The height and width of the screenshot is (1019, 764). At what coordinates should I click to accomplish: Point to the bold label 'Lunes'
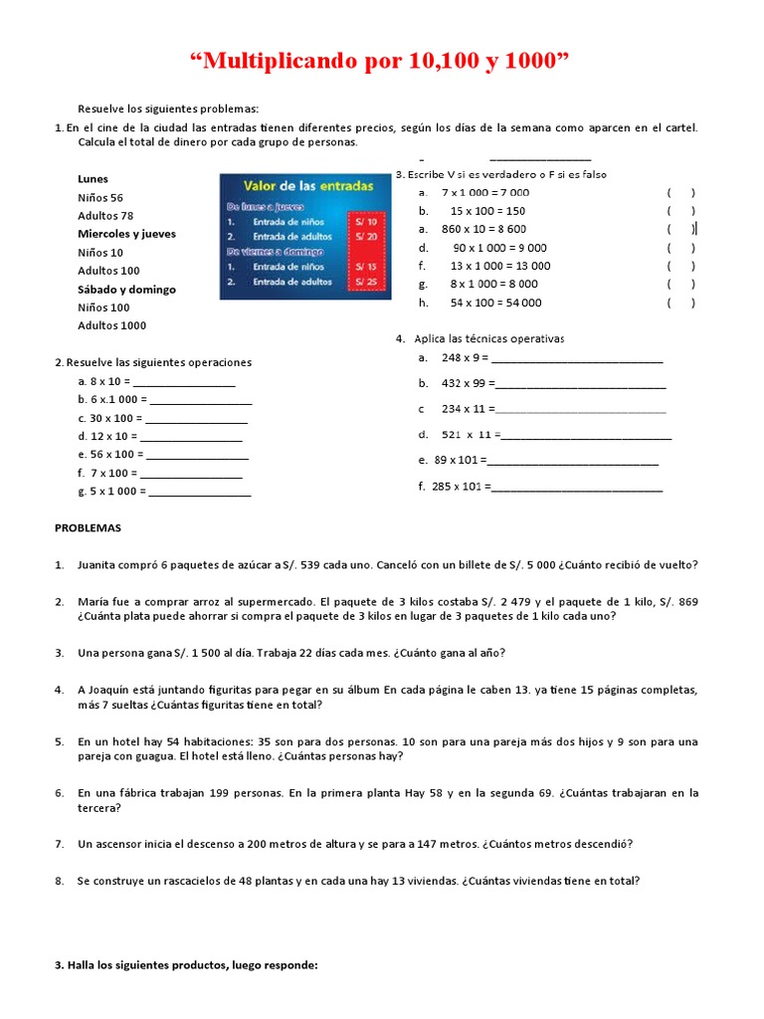pyautogui.click(x=94, y=179)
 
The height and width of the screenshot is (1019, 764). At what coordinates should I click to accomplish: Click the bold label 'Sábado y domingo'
pyautogui.click(x=126, y=290)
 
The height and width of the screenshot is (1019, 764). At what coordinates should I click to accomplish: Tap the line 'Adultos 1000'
pyautogui.click(x=111, y=325)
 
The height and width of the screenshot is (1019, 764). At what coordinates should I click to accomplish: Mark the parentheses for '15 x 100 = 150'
pyautogui.click(x=680, y=211)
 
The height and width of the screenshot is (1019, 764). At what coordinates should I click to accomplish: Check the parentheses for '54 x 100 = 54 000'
pyautogui.click(x=680, y=303)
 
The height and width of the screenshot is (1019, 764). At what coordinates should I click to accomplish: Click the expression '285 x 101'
pyautogui.click(x=456, y=487)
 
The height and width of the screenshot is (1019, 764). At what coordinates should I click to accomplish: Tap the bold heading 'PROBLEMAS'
pyautogui.click(x=88, y=528)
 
